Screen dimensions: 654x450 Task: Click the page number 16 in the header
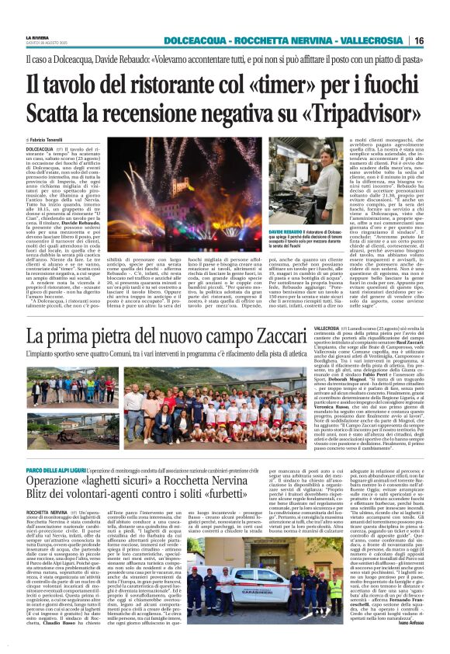click(439, 40)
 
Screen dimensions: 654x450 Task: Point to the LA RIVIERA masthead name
click(37, 34)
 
